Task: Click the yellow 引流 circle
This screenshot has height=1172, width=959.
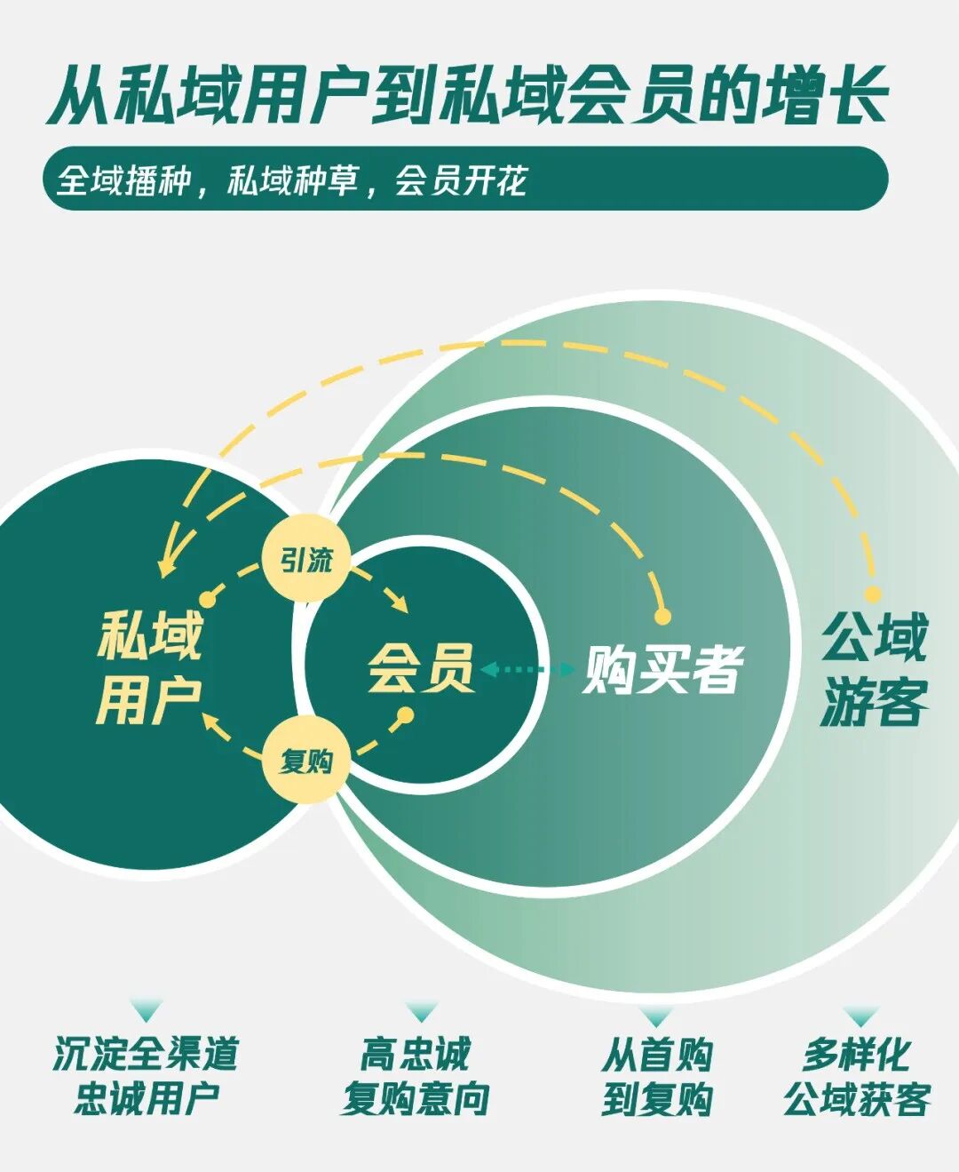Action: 305,560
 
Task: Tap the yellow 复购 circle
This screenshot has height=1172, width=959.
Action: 306,760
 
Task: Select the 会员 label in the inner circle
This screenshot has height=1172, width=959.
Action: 420,667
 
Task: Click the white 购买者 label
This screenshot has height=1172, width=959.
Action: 662,668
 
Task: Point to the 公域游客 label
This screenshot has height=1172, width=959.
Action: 874,669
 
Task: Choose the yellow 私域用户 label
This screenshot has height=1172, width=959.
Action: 149,667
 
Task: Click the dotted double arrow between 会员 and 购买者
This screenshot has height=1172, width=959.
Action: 527,669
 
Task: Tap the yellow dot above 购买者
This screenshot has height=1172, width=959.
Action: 662,615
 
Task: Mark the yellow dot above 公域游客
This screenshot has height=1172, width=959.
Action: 873,594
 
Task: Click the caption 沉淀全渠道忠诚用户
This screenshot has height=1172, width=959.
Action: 146,1076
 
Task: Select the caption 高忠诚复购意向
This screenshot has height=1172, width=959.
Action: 415,1076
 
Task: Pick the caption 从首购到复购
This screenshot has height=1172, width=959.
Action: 657,1076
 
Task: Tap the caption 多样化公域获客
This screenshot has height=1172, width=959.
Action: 857,1076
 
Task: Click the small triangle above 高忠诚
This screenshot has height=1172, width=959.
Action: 421,1012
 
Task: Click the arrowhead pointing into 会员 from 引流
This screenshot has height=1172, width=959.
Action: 400,604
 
